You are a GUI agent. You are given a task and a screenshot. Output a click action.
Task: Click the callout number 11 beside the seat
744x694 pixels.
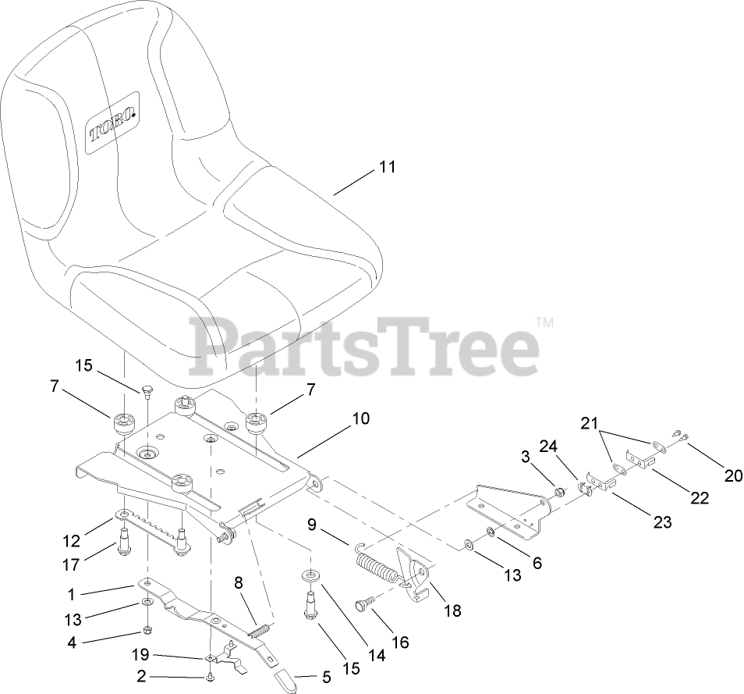click(388, 166)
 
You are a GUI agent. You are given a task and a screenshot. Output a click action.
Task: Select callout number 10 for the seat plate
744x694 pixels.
click(360, 418)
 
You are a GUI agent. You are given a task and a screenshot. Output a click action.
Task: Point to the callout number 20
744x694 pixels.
click(733, 474)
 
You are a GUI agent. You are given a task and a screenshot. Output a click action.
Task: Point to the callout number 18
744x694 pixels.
click(452, 611)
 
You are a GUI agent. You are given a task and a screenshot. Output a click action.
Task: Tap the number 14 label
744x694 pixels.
click(377, 657)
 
